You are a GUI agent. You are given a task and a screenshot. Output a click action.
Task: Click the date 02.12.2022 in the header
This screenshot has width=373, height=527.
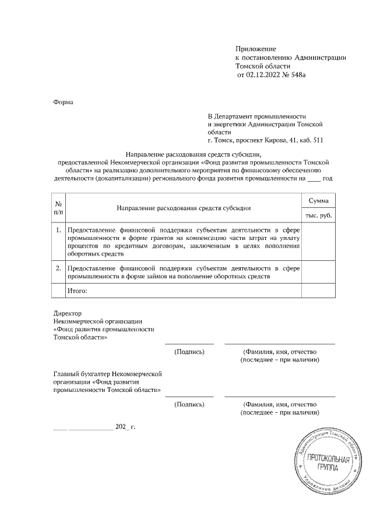[x=265, y=75]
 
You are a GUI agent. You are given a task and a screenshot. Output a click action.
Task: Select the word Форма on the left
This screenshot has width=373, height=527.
[x=63, y=101]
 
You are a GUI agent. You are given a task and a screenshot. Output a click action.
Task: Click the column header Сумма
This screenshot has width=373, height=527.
[x=318, y=201]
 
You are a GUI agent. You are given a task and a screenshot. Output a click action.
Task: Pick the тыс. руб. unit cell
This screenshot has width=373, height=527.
[x=318, y=216]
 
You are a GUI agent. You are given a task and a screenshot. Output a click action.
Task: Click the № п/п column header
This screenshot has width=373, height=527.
[x=59, y=208]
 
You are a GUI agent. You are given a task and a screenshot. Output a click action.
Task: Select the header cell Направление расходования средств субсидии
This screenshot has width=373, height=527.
[x=184, y=208]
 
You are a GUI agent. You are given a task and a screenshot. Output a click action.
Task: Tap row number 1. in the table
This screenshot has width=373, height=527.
[x=59, y=231]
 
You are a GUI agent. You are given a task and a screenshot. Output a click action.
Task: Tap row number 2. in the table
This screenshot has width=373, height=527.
[x=59, y=268]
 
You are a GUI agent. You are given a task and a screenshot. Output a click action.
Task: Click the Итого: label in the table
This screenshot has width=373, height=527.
[x=78, y=289]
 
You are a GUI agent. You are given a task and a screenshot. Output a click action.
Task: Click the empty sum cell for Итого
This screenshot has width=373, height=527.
[x=318, y=289]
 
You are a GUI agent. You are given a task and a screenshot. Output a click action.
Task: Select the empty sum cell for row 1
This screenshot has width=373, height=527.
[x=318, y=242]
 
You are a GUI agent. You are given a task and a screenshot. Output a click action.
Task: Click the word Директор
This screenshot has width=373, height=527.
[x=68, y=313]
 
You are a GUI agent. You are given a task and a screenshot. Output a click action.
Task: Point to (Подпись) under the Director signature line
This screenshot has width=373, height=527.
[x=189, y=352]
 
